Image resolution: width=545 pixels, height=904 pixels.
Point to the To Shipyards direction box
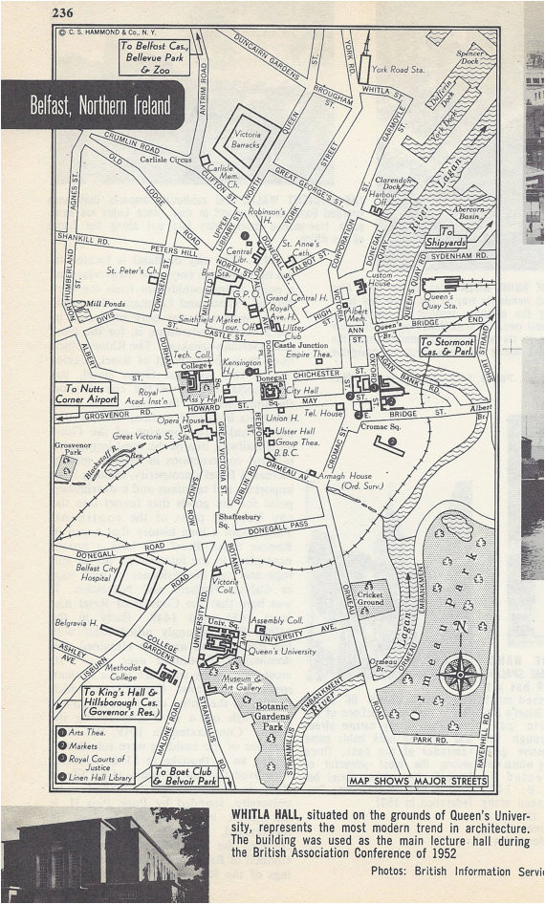[446, 237]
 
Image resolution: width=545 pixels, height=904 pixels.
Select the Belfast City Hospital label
[101, 572]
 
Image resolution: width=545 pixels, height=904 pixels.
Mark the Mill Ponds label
[104, 304]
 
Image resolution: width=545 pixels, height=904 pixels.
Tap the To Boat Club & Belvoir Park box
[185, 776]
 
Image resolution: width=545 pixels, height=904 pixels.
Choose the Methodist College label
[123, 672]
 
